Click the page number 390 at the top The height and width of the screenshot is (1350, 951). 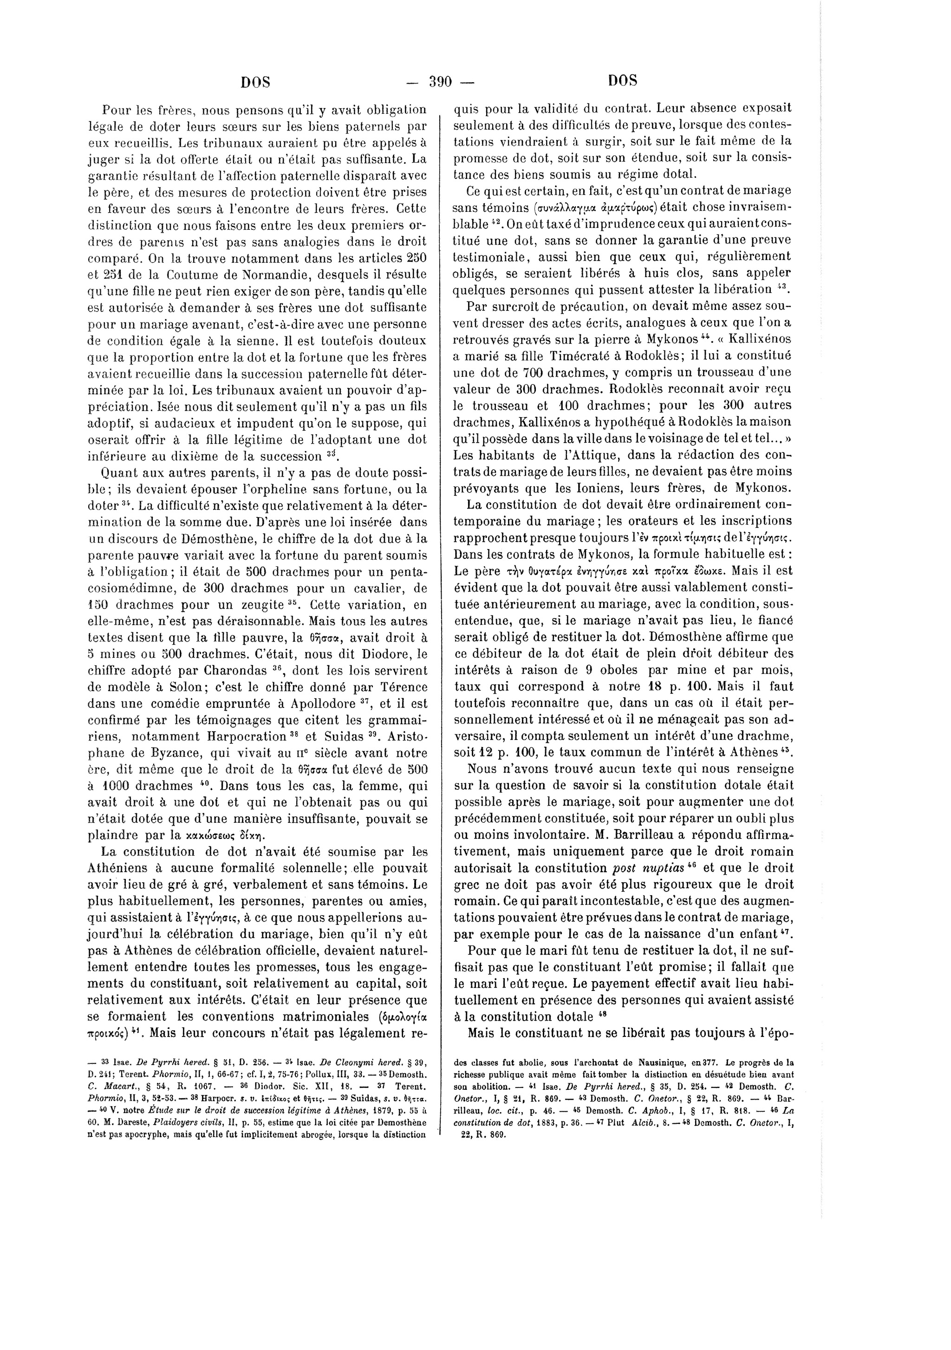pyautogui.click(x=440, y=82)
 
